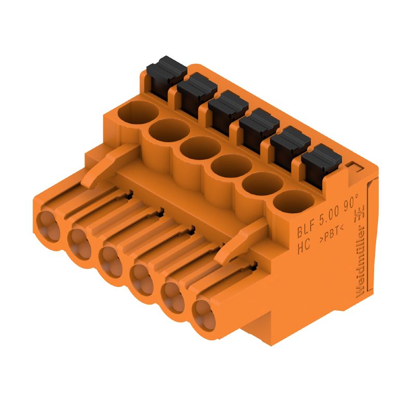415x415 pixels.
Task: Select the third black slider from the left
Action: tap(225, 106)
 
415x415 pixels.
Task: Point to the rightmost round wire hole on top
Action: tap(289, 201)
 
